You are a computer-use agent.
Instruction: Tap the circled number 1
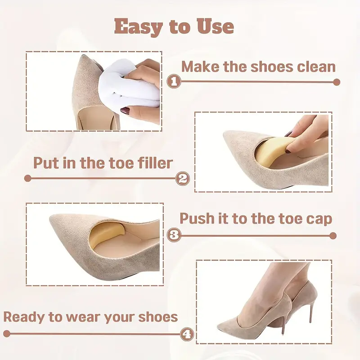[x=174, y=82]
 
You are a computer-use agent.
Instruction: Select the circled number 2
[x=182, y=178]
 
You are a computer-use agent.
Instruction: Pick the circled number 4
[x=187, y=334]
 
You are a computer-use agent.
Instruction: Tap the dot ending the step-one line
[x=337, y=82]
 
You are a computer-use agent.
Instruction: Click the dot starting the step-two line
[x=27, y=178]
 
